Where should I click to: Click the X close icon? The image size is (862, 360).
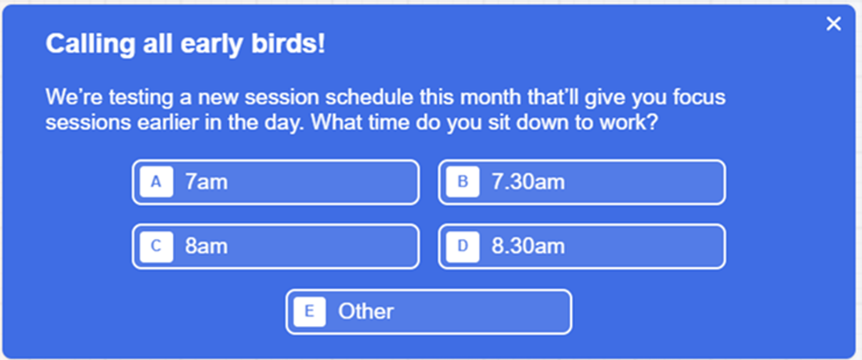pos(833,24)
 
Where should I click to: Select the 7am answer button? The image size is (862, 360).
pos(276,182)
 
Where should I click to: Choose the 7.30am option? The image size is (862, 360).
pos(582,182)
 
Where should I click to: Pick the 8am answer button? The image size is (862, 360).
pos(276,246)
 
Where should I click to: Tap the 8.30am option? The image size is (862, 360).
pos(582,246)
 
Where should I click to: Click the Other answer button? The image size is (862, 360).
pos(429,311)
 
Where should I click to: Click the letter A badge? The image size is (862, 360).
pos(156,182)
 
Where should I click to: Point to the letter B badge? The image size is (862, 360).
pos(463,182)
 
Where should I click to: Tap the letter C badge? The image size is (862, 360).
pos(156,246)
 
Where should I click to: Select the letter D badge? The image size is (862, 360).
pos(463,246)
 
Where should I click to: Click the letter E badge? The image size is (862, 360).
pos(309,311)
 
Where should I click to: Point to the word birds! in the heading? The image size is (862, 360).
pos(288,44)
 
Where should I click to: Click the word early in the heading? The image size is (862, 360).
pos(212,44)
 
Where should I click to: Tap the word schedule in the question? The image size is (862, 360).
pos(369,97)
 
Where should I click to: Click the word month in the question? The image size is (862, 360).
pos(491,97)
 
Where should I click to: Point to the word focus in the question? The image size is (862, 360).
pos(699,97)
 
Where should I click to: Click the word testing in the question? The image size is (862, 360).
pos(141,97)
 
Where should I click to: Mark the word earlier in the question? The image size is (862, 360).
pos(167,122)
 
